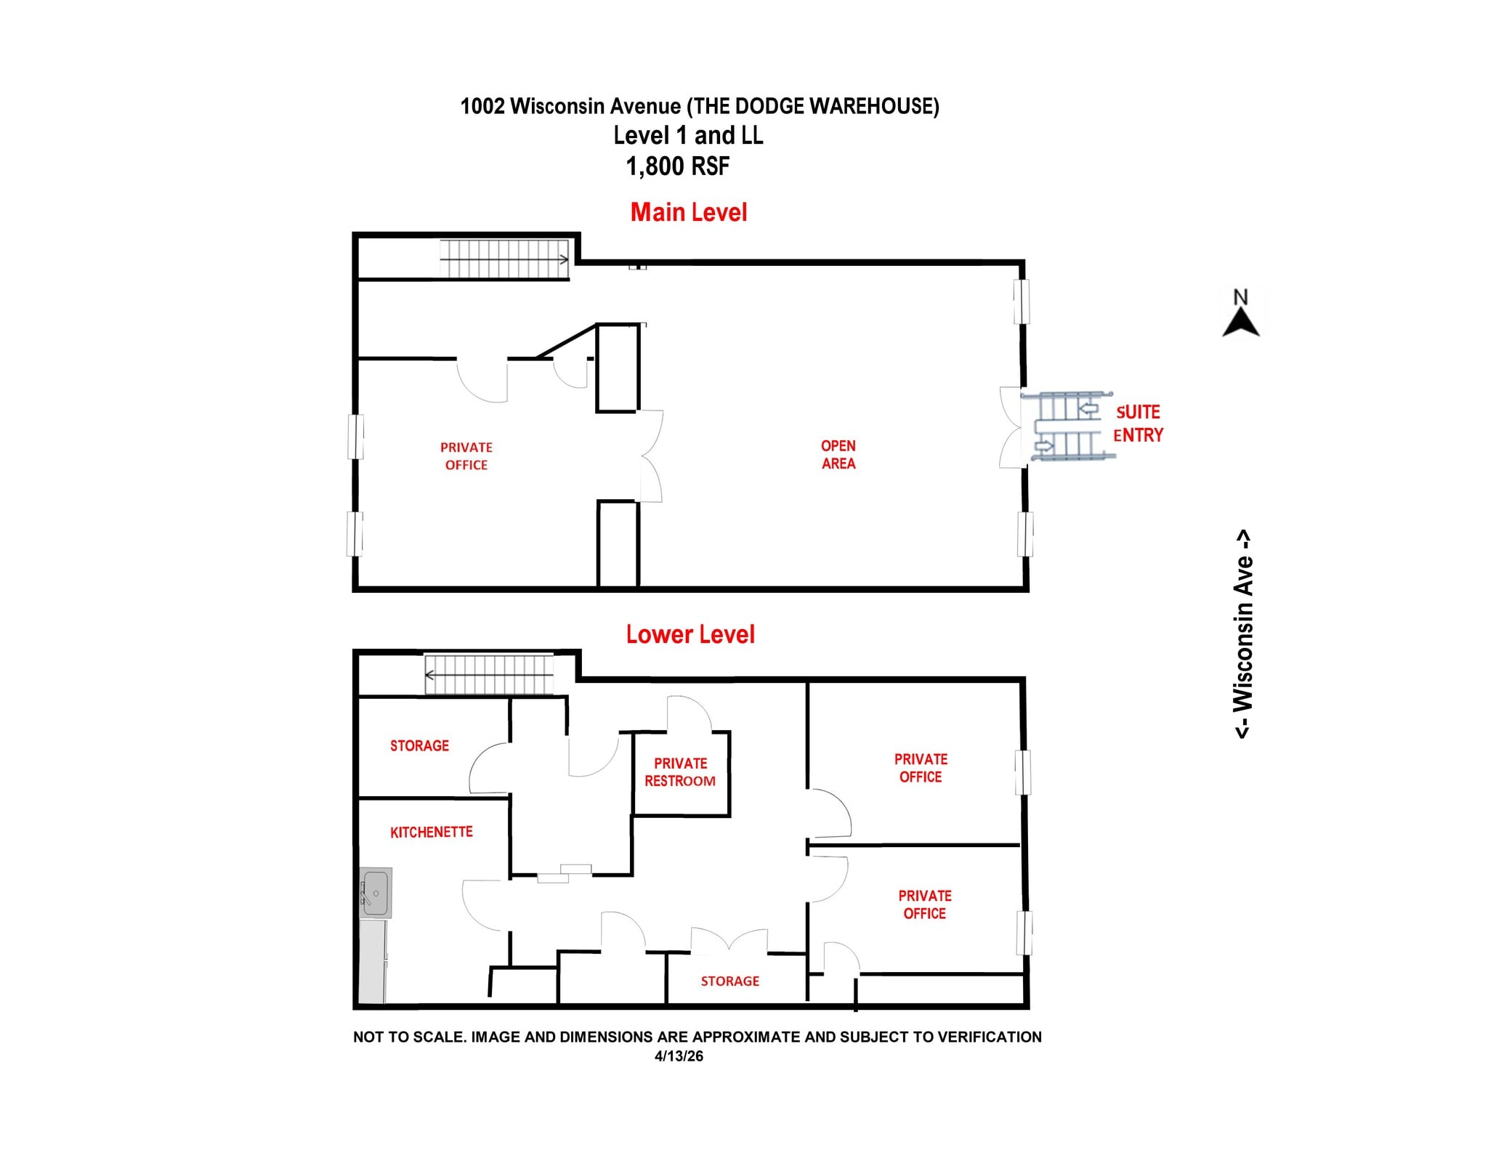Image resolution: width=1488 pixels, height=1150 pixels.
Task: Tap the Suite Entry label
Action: [1138, 424]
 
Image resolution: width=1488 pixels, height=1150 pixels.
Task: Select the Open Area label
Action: [838, 455]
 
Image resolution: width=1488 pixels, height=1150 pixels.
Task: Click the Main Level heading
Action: [688, 212]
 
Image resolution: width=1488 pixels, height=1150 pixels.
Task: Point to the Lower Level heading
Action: [690, 634]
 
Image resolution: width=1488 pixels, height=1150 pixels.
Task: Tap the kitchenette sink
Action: [376, 891]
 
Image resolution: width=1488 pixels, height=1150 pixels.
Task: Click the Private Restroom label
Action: [680, 772]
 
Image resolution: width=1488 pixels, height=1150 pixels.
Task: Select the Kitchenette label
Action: [431, 832]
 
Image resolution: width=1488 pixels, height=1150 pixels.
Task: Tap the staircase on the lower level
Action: [488, 675]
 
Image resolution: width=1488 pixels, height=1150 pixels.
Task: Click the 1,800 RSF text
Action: [677, 166]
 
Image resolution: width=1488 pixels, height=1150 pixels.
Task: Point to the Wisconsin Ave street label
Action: [1243, 633]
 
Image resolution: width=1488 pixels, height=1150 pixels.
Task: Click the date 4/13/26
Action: [679, 1056]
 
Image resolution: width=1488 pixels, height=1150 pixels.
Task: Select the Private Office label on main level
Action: [466, 456]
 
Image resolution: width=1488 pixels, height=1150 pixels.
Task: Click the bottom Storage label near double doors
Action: [729, 981]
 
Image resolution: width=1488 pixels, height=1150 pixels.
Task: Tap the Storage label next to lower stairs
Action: [419, 745]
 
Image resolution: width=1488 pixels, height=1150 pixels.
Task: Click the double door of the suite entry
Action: [1011, 428]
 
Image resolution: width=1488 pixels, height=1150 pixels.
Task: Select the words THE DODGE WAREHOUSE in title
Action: [813, 106]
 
